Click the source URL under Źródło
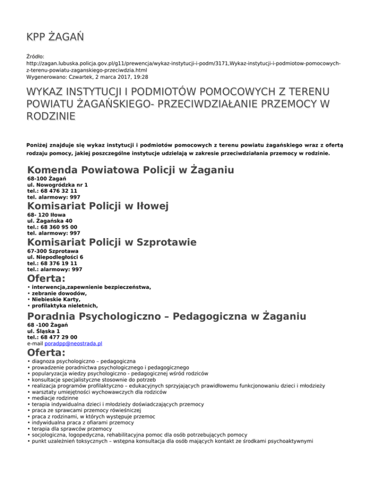click(183, 66)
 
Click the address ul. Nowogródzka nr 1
click(58, 185)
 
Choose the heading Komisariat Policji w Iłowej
click(98, 206)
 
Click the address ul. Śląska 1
click(44, 331)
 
